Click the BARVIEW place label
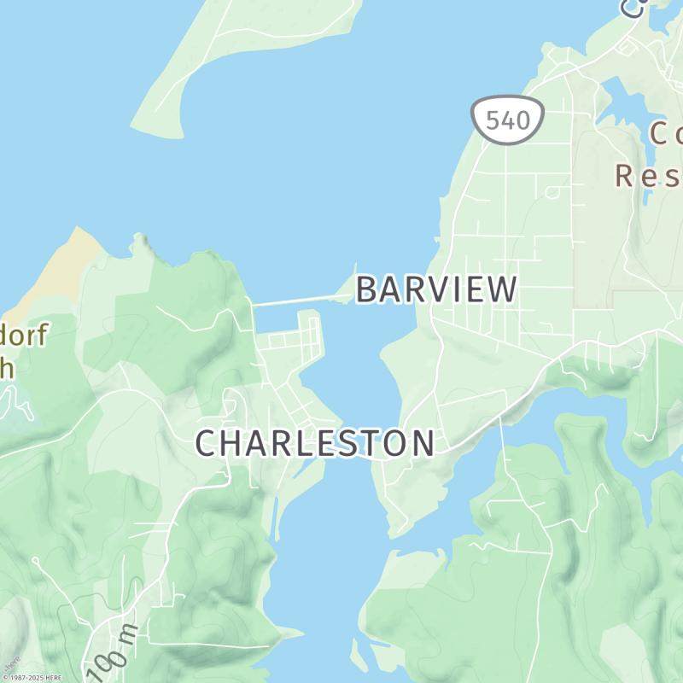click(436, 290)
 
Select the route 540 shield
click(508, 120)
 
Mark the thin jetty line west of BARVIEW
click(299, 300)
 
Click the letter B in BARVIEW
click(366, 290)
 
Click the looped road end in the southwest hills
click(36, 561)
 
